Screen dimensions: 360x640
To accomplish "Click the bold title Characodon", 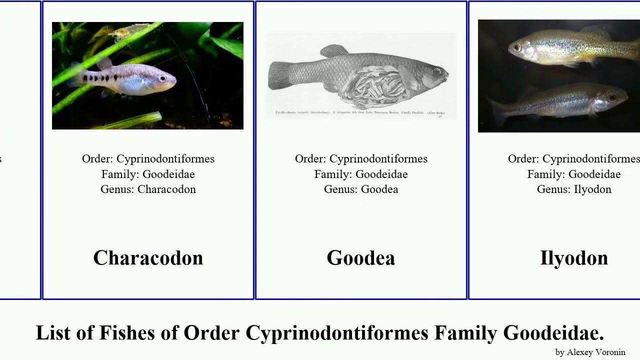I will tap(148, 258).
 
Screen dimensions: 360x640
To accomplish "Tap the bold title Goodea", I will tap(360, 258).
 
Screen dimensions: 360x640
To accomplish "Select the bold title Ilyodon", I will tap(574, 258).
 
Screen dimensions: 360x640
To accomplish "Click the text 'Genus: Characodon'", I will tap(148, 189).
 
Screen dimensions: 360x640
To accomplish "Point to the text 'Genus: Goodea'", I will tap(360, 189).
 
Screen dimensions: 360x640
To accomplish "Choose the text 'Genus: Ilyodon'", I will tap(574, 189).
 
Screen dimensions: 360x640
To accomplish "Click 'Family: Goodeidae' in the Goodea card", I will tap(360, 174).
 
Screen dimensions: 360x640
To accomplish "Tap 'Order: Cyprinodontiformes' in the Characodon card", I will tap(148, 159).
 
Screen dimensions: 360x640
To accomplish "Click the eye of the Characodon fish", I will tap(162, 78).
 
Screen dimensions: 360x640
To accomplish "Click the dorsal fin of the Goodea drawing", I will tap(334, 50).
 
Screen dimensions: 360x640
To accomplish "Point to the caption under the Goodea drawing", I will tap(359, 113).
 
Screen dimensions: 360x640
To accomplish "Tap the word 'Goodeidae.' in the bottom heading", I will tap(553, 333).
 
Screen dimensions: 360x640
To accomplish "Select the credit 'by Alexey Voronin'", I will tap(590, 352).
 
